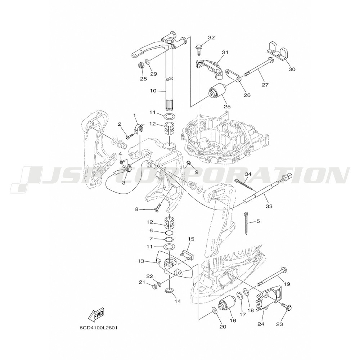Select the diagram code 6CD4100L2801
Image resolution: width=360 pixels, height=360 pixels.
(98, 328)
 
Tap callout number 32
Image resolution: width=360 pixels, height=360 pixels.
(211, 38)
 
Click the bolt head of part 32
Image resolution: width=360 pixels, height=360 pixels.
(198, 48)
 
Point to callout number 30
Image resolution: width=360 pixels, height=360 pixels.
(292, 69)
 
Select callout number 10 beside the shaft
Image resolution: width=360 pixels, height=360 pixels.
(153, 91)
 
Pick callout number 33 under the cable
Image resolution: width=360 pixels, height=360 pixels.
(269, 206)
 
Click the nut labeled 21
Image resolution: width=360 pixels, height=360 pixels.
(154, 286)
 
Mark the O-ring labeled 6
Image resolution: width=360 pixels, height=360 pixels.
(169, 233)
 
